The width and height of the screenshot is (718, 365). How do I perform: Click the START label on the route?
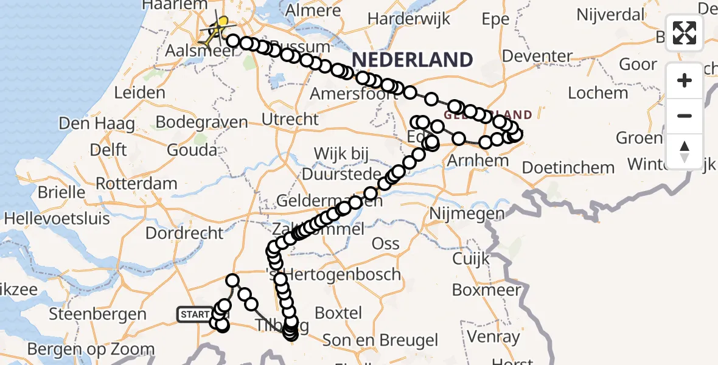tap(195, 315)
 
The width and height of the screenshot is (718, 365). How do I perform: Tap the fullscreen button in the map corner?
tap(685, 33)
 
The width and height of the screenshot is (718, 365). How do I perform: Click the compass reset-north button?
tap(685, 151)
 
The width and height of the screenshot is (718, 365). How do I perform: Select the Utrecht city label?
tap(290, 119)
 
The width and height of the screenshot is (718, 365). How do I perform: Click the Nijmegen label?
tap(467, 214)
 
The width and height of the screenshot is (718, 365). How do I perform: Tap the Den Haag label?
tap(97, 123)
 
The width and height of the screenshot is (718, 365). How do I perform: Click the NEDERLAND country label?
tap(412, 60)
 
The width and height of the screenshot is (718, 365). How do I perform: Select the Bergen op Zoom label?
tap(91, 349)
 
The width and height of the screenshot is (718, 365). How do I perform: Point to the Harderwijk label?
tap(409, 18)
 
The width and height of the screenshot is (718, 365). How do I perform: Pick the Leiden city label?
tap(139, 92)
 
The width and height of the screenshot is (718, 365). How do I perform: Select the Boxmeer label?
tap(487, 290)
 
